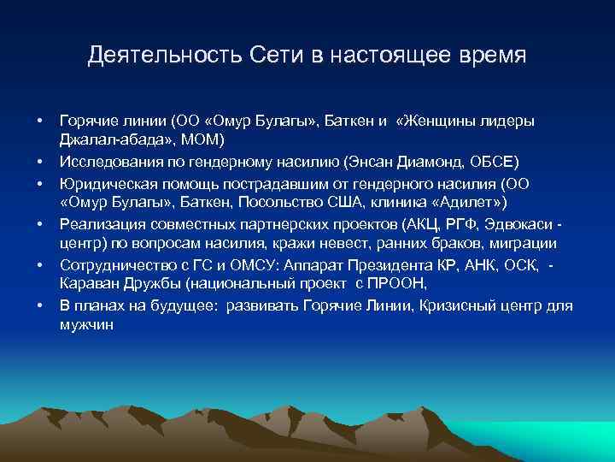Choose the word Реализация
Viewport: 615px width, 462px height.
pos(97,223)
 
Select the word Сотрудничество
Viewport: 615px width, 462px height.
pos(115,264)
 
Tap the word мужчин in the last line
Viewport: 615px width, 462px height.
pos(86,325)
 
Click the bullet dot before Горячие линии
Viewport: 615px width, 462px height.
pos(39,121)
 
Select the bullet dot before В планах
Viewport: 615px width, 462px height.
pos(39,305)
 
